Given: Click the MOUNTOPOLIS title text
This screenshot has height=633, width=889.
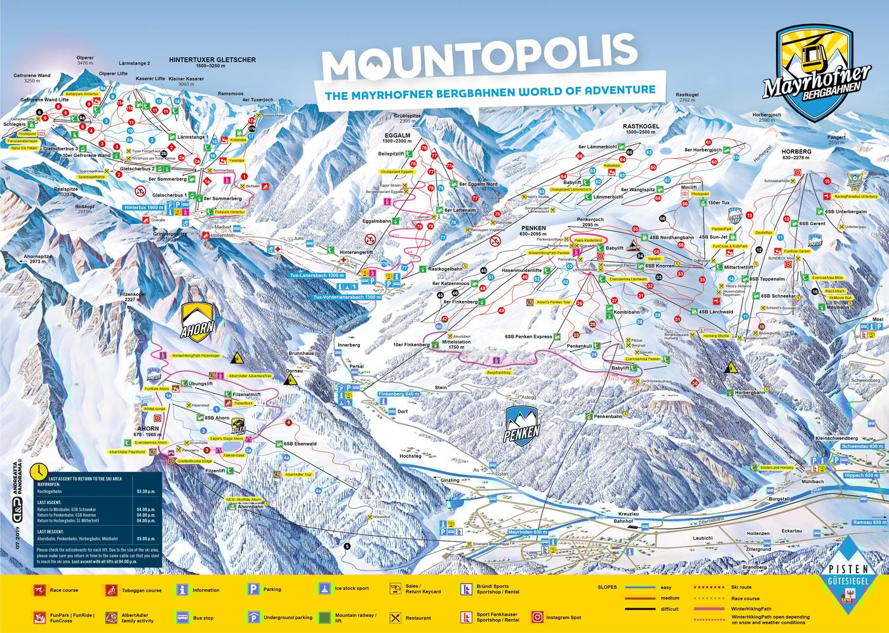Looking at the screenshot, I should [479, 57].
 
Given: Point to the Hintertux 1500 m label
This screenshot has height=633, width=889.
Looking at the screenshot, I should [144, 208].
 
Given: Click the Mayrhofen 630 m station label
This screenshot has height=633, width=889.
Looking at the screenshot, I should [528, 532].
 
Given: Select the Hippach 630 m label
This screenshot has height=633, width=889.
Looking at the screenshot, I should [862, 475].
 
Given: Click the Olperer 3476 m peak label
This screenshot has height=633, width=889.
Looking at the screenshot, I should [85, 61].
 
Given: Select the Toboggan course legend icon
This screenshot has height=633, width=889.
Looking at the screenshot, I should [112, 590].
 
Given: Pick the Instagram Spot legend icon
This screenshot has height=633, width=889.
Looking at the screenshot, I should [537, 616].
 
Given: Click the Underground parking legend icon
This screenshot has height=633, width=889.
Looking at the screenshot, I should [253, 616].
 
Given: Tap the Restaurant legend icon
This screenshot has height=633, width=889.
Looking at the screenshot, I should [395, 617].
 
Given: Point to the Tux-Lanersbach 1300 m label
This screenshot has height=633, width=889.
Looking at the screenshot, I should [317, 276].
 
